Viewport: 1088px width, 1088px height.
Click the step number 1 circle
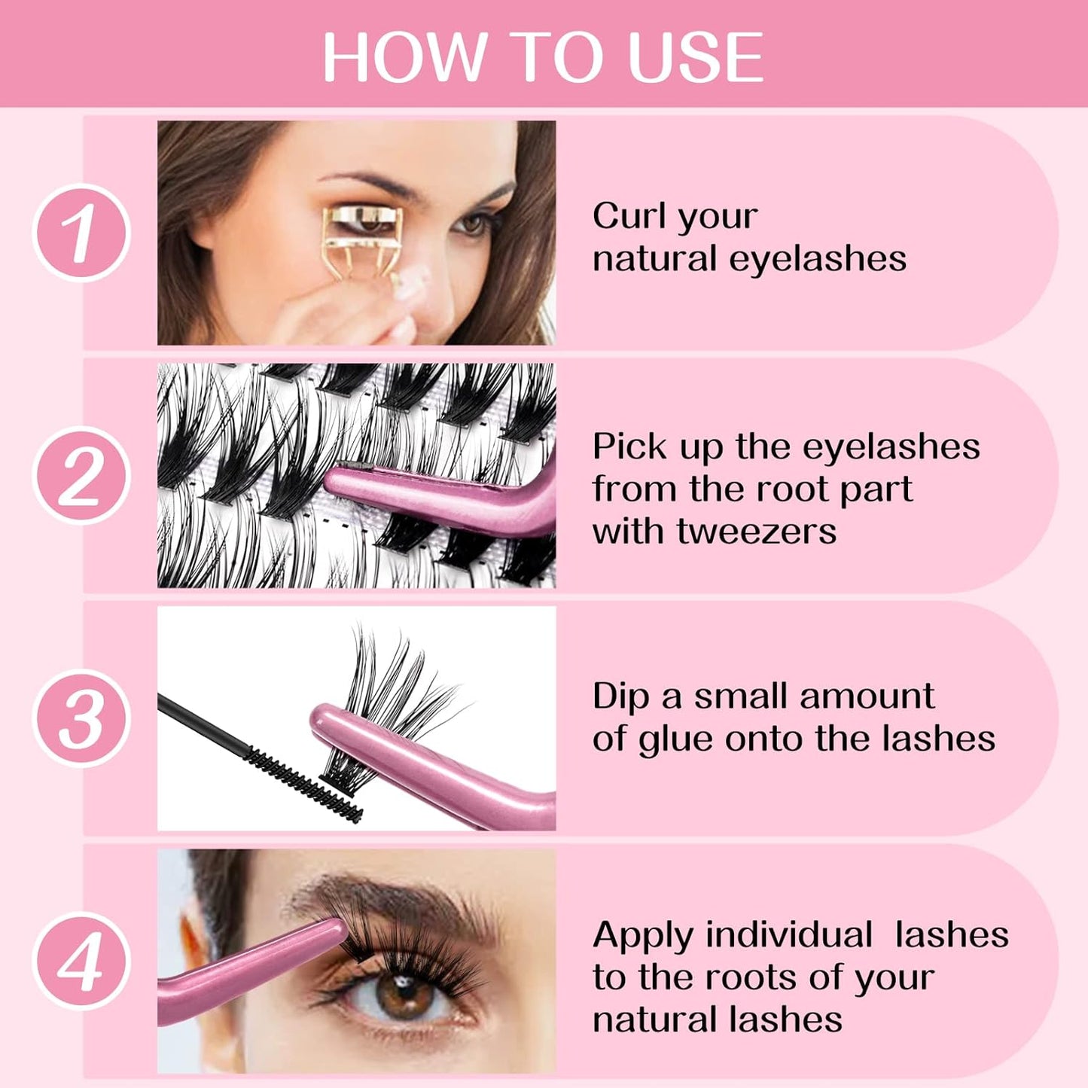(x=81, y=233)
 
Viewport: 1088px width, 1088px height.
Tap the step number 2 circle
(x=81, y=475)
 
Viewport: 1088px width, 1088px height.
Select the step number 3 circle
(x=81, y=718)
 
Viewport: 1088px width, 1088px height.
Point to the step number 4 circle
(x=81, y=961)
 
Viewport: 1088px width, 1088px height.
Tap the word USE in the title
(x=696, y=57)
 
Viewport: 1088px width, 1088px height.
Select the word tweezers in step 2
(x=756, y=531)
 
